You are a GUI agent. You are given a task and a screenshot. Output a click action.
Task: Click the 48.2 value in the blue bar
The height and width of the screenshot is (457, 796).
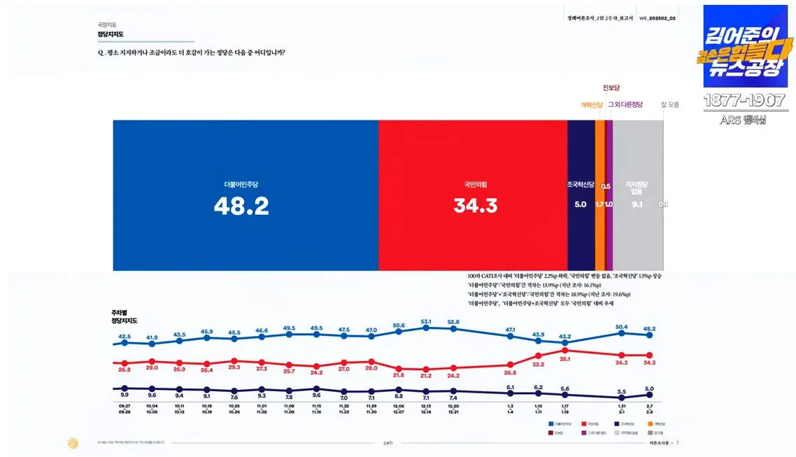242,206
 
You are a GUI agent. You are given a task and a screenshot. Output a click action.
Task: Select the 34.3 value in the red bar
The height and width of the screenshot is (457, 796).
475,206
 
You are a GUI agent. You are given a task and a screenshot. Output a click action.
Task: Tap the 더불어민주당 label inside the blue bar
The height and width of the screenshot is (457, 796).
241,185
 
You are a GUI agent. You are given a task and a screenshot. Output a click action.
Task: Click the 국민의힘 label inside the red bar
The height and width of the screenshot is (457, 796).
475,185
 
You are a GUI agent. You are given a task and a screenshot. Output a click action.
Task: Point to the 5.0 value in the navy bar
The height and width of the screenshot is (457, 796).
581,204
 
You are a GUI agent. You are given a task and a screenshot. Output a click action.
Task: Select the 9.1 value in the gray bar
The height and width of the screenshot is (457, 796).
637,204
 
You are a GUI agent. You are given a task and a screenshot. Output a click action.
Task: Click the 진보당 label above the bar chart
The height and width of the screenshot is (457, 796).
611,88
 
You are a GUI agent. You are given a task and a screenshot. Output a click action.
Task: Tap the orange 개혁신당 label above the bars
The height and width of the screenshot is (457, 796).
591,105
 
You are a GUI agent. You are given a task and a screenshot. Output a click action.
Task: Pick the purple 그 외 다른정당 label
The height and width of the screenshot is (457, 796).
625,105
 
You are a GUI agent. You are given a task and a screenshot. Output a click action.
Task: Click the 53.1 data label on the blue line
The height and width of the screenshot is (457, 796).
426,321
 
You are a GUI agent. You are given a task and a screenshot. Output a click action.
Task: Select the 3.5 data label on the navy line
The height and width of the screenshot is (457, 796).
621,392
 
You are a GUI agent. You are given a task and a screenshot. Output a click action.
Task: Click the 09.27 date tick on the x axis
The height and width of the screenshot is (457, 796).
124,406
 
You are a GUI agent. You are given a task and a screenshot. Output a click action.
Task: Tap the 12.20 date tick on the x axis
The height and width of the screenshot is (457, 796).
453,406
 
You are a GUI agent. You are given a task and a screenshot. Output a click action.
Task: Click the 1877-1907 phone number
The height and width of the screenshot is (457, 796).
745,100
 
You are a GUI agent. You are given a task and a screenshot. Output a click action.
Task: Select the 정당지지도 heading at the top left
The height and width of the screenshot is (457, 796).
111,34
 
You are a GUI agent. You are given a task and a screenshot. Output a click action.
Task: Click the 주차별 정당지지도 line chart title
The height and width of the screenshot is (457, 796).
124,316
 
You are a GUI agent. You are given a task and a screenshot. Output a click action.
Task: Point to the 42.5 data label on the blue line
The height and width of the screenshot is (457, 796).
125,336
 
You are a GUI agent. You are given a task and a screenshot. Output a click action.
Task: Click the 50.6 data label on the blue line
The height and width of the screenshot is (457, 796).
399,325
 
